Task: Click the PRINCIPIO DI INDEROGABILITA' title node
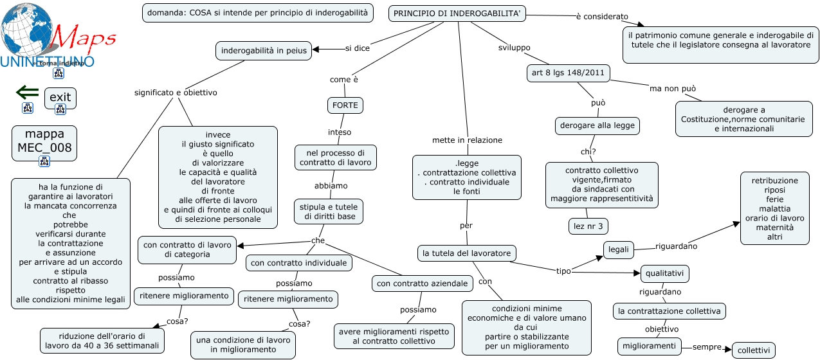[457, 14]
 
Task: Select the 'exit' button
[60, 98]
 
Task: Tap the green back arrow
[28, 93]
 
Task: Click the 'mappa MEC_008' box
[44, 143]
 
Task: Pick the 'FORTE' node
[345, 105]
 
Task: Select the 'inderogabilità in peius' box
[264, 51]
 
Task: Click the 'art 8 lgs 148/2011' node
[568, 73]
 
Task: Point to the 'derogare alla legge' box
[597, 126]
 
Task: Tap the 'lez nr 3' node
[588, 226]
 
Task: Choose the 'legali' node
[618, 250]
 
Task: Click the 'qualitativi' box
[665, 274]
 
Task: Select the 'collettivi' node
[754, 350]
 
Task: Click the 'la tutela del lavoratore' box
[467, 253]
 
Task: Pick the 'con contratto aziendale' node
[423, 283]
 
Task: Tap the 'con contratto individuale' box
[298, 263]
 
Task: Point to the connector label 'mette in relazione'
[467, 140]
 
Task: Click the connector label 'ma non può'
[673, 89]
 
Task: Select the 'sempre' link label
[707, 347]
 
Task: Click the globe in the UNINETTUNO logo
[27, 30]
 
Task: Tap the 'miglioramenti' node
[650, 346]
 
